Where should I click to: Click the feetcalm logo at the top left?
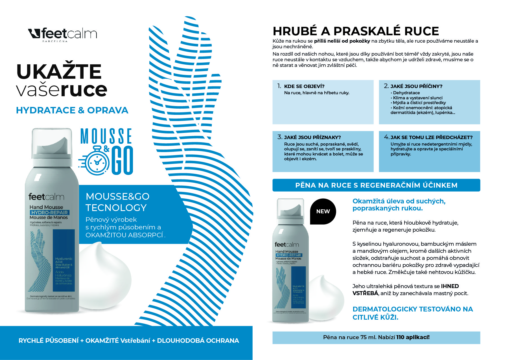pos(63,34)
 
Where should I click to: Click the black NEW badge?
pos(323,211)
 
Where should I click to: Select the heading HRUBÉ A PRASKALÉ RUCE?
pos(356,31)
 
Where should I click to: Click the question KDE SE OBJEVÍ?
pos(304,86)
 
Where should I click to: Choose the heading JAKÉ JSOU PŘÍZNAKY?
pos(312,137)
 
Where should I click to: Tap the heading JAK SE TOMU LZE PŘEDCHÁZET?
pos(431,137)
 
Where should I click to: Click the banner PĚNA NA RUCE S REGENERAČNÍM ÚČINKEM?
pos(376,185)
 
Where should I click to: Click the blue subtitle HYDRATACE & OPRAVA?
pos(72,110)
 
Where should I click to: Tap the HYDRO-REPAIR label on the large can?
pos(49,212)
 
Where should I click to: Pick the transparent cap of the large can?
pos(52,142)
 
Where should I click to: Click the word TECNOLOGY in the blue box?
pos(116,208)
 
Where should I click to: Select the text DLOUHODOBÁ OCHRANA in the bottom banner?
pos(198,341)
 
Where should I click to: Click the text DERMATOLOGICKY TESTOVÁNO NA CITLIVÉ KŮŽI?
pos(412,313)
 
